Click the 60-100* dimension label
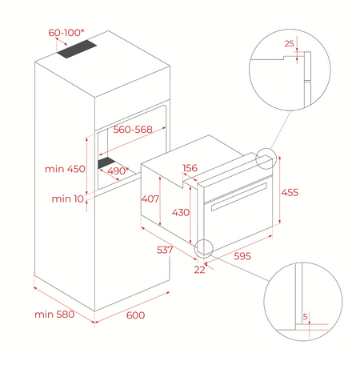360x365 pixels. pyautogui.click(x=66, y=33)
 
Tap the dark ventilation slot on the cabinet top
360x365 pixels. pyautogui.click(x=77, y=49)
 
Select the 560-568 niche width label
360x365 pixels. pyautogui.click(x=133, y=130)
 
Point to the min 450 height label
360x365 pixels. pyautogui.click(x=65, y=169)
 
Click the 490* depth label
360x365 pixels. pyautogui.click(x=118, y=170)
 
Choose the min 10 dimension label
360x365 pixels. pyautogui.click(x=68, y=199)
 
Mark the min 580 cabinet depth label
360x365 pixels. pyautogui.click(x=54, y=315)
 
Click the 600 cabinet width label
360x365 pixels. pyautogui.click(x=135, y=315)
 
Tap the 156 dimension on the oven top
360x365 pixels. pyautogui.click(x=190, y=168)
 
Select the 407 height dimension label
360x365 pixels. pyautogui.click(x=150, y=199)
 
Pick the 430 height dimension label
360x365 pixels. pyautogui.click(x=181, y=212)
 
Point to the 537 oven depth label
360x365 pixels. pyautogui.click(x=165, y=250)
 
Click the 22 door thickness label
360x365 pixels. pyautogui.click(x=199, y=270)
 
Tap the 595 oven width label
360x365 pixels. pyautogui.click(x=242, y=256)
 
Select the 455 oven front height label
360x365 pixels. pyautogui.click(x=290, y=192)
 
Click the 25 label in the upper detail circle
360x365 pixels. pyautogui.click(x=289, y=43)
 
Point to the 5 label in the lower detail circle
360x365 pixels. pyautogui.click(x=306, y=317)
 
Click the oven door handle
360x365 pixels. pyautogui.click(x=239, y=197)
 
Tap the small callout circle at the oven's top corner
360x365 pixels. pyautogui.click(x=266, y=158)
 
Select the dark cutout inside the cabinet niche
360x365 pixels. pyautogui.click(x=106, y=162)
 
